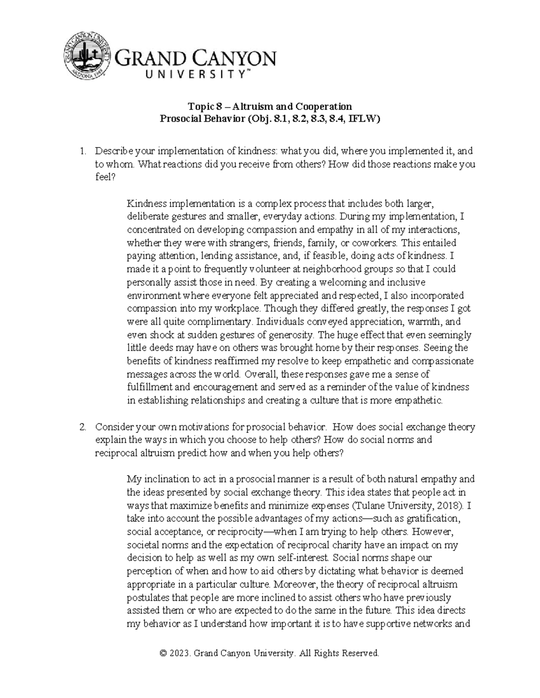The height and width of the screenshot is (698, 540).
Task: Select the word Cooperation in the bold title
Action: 324,107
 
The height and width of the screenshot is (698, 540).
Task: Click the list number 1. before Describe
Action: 82,151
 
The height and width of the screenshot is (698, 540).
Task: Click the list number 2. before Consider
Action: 82,427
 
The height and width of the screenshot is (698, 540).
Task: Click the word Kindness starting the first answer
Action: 145,204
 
